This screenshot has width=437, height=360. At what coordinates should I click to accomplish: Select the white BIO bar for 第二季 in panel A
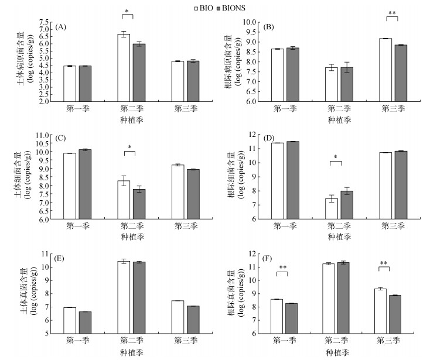pyautogui.click(x=124, y=67)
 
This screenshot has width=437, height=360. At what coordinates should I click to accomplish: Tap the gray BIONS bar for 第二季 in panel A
pyautogui.click(x=138, y=72)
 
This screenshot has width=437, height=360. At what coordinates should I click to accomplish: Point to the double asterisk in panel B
pyautogui.click(x=392, y=12)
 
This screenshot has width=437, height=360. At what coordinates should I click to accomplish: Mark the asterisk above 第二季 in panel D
pyautogui.click(x=335, y=157)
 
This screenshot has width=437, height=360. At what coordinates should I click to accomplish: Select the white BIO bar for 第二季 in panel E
pyautogui.click(x=123, y=297)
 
